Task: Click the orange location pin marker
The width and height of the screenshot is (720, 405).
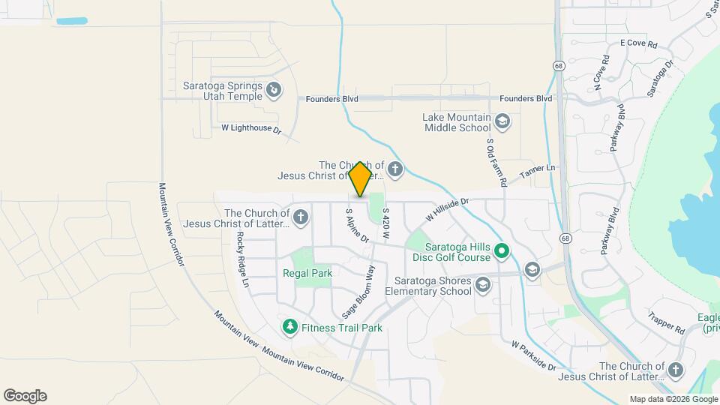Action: (360, 179)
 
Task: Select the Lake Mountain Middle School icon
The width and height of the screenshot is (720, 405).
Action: (502, 121)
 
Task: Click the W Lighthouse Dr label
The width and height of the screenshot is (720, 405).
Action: (250, 129)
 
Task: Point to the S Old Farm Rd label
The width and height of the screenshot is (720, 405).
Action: (497, 162)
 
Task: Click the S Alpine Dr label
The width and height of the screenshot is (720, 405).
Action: (357, 225)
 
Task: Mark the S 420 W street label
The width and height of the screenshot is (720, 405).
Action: (385, 224)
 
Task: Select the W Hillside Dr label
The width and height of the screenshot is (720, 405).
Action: (447, 208)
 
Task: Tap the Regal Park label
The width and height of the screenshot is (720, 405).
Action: (307, 274)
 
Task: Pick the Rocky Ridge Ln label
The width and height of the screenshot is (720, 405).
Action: (241, 259)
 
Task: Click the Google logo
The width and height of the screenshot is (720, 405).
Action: (25, 395)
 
